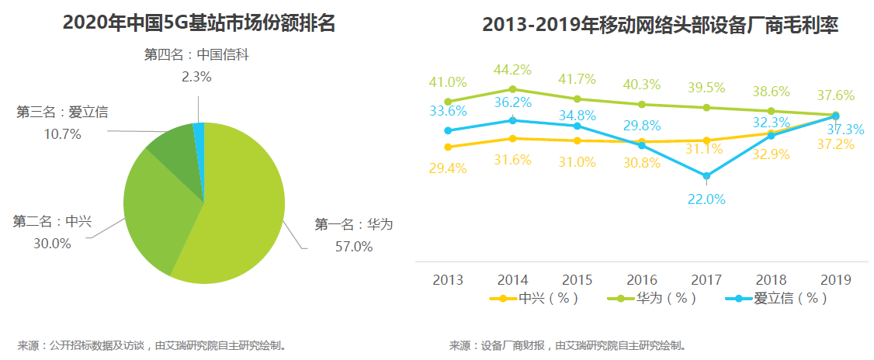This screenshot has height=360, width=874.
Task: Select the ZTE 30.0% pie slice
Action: click(159, 209)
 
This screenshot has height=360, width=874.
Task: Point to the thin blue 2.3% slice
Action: click(199, 132)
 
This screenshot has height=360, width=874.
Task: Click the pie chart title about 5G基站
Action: click(199, 23)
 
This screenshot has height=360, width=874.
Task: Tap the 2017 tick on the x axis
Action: click(706, 279)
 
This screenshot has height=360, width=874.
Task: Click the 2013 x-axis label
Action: click(448, 279)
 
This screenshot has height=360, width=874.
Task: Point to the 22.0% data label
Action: click(706, 199)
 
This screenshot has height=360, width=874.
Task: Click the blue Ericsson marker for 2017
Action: click(706, 175)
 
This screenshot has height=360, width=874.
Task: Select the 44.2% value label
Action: click(512, 70)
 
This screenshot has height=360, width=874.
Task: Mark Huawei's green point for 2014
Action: click(512, 88)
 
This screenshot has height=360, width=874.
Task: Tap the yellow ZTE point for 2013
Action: click(448, 147)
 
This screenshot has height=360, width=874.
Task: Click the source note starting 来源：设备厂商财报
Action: click(567, 345)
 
